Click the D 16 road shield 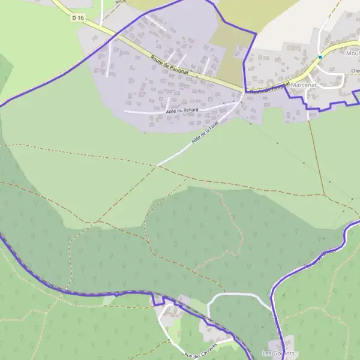click(77, 18)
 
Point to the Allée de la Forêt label click(205, 133)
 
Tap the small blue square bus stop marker click(320, 57)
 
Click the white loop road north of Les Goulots click(234, 294)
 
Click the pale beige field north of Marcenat click(288, 24)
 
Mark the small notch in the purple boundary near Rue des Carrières click(157, 299)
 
